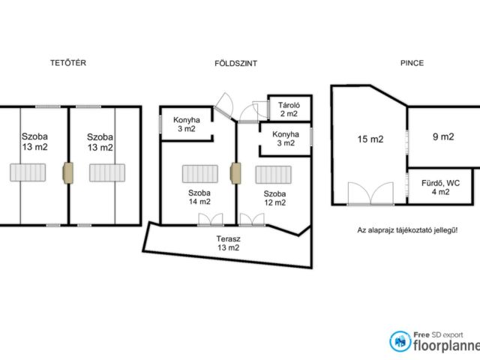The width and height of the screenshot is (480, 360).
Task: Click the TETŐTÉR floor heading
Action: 68,63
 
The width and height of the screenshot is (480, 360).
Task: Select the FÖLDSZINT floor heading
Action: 235,63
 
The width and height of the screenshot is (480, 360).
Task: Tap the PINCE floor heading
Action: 412,63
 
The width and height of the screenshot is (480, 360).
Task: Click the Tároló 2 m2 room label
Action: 289,109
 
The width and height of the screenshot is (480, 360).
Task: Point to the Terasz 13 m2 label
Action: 228,243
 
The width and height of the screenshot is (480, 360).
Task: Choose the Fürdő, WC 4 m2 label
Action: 440,187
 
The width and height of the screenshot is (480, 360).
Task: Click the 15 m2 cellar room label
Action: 370,139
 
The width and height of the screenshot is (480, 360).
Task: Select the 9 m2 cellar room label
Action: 443,136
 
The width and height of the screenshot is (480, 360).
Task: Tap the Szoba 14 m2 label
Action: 199,197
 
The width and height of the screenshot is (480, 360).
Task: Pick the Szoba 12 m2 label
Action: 275,198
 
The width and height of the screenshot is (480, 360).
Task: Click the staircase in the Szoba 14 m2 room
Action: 200,174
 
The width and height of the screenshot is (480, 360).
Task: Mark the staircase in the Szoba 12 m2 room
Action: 273,175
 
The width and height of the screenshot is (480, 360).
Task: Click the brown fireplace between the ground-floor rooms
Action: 235,173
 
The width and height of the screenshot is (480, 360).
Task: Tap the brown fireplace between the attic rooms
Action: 68,173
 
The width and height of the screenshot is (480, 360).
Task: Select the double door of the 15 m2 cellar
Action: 370,193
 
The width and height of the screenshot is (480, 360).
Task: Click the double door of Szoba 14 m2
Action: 210,220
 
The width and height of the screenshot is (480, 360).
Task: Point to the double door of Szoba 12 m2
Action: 252,220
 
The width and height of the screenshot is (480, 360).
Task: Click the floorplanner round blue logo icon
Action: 400,341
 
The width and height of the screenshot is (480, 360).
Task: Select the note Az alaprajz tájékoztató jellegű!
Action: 407,230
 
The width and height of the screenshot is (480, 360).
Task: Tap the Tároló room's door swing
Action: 260,109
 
